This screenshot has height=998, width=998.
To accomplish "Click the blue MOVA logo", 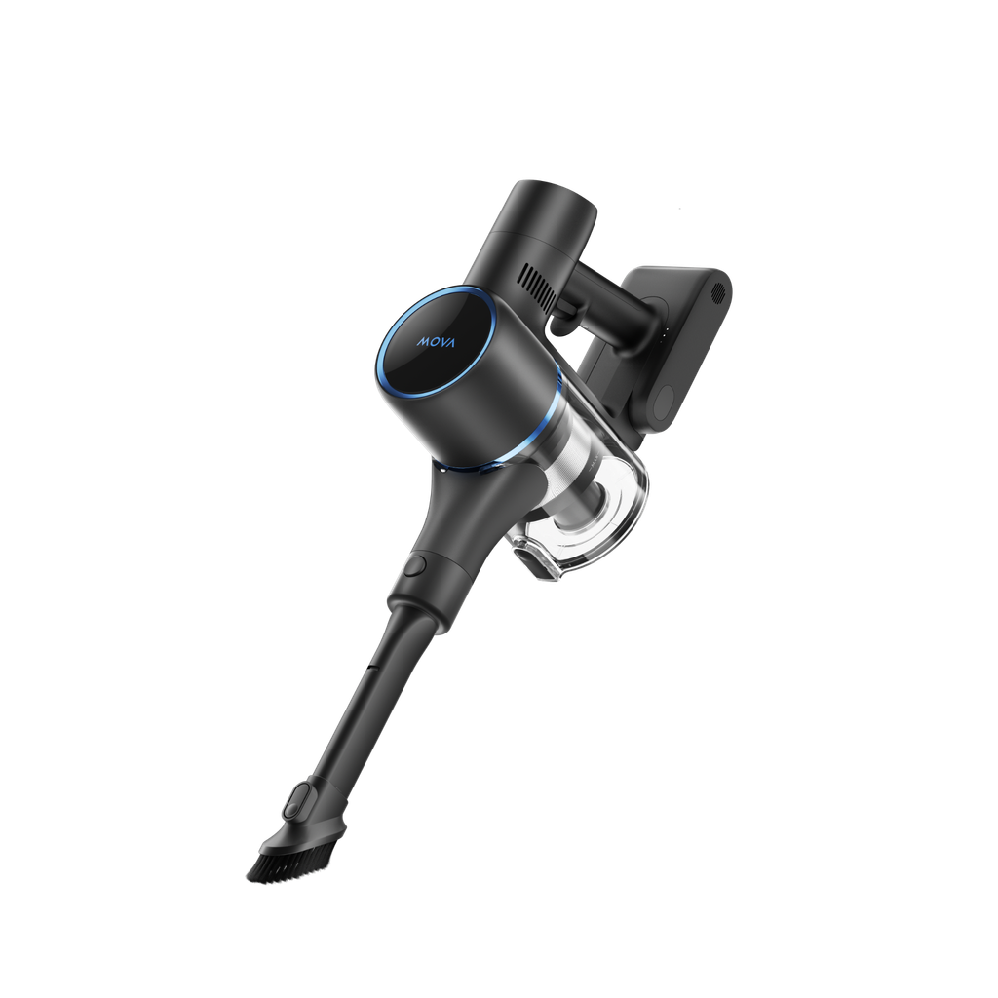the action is click(436, 342).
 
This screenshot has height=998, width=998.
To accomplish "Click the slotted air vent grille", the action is click(538, 288).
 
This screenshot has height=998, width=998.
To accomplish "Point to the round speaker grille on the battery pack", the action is click(718, 293).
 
